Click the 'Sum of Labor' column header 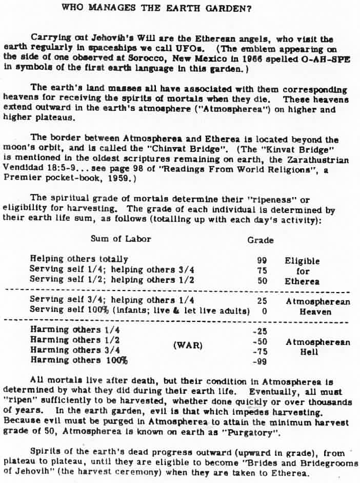[121, 239]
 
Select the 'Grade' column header [261, 240]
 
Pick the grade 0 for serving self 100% [265, 311]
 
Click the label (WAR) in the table [188, 346]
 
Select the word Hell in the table [309, 352]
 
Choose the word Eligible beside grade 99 [302, 261]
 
